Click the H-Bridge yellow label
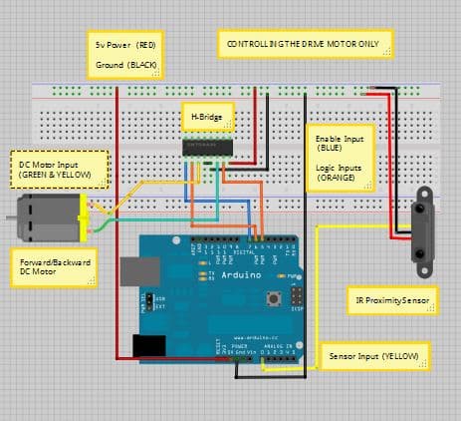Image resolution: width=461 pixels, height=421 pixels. tap(206, 118)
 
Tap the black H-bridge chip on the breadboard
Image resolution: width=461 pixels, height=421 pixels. tap(207, 147)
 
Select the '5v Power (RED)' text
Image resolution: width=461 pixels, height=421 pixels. tap(124, 46)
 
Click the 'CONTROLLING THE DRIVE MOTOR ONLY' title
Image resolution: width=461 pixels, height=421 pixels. tap(305, 45)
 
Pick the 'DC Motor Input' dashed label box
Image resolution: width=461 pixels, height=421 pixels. tap(59, 167)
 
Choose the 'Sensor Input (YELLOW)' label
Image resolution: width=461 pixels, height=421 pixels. tap(377, 354)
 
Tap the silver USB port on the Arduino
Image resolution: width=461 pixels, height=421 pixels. tap(135, 270)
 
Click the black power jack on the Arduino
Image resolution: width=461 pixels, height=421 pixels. tap(148, 345)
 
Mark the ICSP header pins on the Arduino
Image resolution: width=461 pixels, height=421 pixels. tap(297, 296)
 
